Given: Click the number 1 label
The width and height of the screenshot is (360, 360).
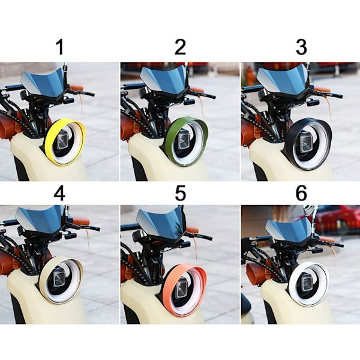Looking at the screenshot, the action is [x=60, y=47].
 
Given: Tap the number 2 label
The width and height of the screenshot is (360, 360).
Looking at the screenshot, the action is [x=180, y=47].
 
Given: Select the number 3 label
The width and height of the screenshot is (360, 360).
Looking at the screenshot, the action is [x=301, y=47].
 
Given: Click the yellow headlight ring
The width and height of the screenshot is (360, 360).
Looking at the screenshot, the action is [x=49, y=147].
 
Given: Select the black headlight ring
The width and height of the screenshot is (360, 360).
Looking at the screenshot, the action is [x=290, y=147].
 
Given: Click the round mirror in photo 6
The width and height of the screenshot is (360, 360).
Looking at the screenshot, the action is [x=308, y=210].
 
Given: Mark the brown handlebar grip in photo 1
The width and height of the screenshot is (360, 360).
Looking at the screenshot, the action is [x=76, y=88].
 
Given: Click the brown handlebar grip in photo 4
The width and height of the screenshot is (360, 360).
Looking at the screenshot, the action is [x=81, y=221].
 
